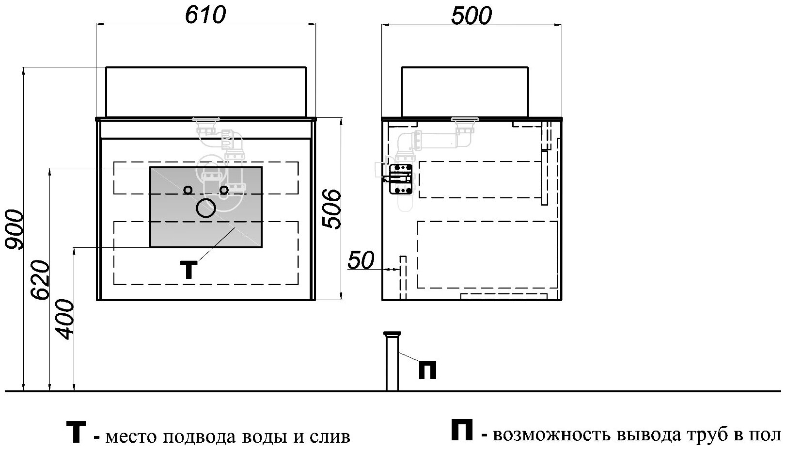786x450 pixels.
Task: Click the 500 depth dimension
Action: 471,16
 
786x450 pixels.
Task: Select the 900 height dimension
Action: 13,229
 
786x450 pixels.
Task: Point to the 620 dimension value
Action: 40,280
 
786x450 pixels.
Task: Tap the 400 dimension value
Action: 64,320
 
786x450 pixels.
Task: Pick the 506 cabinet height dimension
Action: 332,209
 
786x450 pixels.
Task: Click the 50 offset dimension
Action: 362,261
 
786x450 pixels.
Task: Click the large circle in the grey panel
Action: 205,208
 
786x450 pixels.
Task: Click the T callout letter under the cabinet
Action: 189,270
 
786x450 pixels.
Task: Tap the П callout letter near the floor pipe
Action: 427,370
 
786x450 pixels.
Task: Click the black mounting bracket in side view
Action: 401,178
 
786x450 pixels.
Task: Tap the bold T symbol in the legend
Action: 76,433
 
